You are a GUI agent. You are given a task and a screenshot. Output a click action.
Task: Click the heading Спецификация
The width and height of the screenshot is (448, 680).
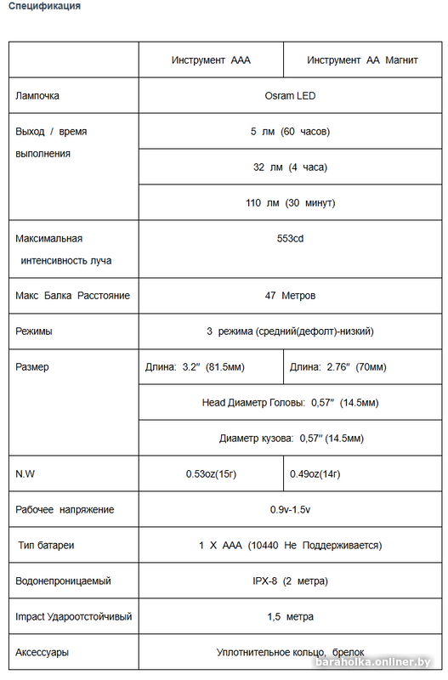pyautogui.click(x=45, y=7)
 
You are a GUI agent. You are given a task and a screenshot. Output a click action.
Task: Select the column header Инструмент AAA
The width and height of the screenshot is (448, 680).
pyautogui.click(x=211, y=61)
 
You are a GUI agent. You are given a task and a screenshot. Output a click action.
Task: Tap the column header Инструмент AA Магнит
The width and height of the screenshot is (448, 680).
pyautogui.click(x=362, y=61)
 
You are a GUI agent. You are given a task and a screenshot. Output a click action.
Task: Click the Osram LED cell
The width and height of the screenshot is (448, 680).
pyautogui.click(x=290, y=97)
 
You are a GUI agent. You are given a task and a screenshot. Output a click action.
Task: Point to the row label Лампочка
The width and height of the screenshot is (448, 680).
pyautogui.click(x=37, y=97)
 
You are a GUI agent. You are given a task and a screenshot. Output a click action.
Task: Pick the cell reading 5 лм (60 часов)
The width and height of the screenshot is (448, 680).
pyautogui.click(x=290, y=132)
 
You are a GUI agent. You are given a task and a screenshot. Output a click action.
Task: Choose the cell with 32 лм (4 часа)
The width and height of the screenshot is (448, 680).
pyautogui.click(x=290, y=167)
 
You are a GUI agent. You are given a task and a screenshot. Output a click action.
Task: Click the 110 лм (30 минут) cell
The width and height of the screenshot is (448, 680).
pyautogui.click(x=290, y=203)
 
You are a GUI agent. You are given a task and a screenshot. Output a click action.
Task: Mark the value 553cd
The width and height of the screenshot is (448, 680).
pyautogui.click(x=290, y=239)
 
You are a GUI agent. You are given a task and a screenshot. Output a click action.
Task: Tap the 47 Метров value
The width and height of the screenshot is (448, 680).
pyautogui.click(x=290, y=296)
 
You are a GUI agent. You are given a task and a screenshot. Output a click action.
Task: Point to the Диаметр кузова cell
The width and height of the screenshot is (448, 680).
pyautogui.click(x=291, y=439)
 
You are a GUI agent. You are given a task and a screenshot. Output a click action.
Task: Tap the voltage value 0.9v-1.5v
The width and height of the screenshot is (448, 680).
pyautogui.click(x=290, y=510)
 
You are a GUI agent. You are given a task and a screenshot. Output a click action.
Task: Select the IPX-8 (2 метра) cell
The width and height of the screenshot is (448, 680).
pyautogui.click(x=290, y=581)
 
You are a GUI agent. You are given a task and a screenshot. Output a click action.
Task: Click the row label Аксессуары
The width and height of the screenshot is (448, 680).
pyautogui.click(x=43, y=653)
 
